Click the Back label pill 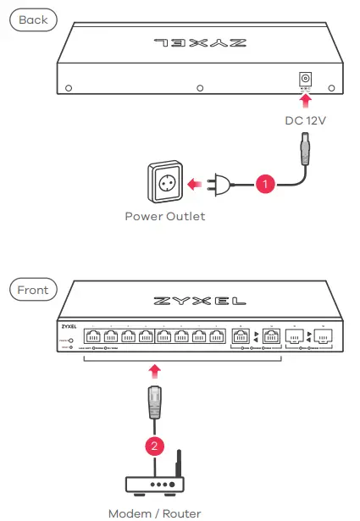point(33,19)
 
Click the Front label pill point(33,290)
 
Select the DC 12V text point(305,120)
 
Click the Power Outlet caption point(164,216)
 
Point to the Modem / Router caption point(154,513)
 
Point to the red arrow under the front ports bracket point(154,370)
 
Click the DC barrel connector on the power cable point(304,152)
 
